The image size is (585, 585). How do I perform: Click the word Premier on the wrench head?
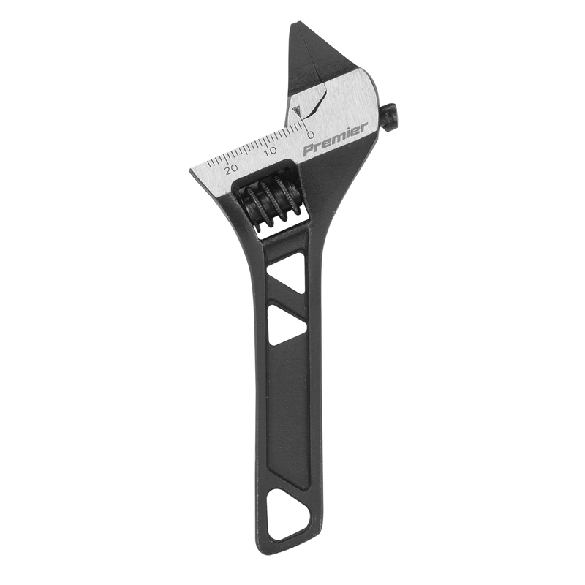click(335, 142)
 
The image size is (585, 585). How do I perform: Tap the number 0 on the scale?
click(310, 135)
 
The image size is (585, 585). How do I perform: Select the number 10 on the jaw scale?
click(271, 151)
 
